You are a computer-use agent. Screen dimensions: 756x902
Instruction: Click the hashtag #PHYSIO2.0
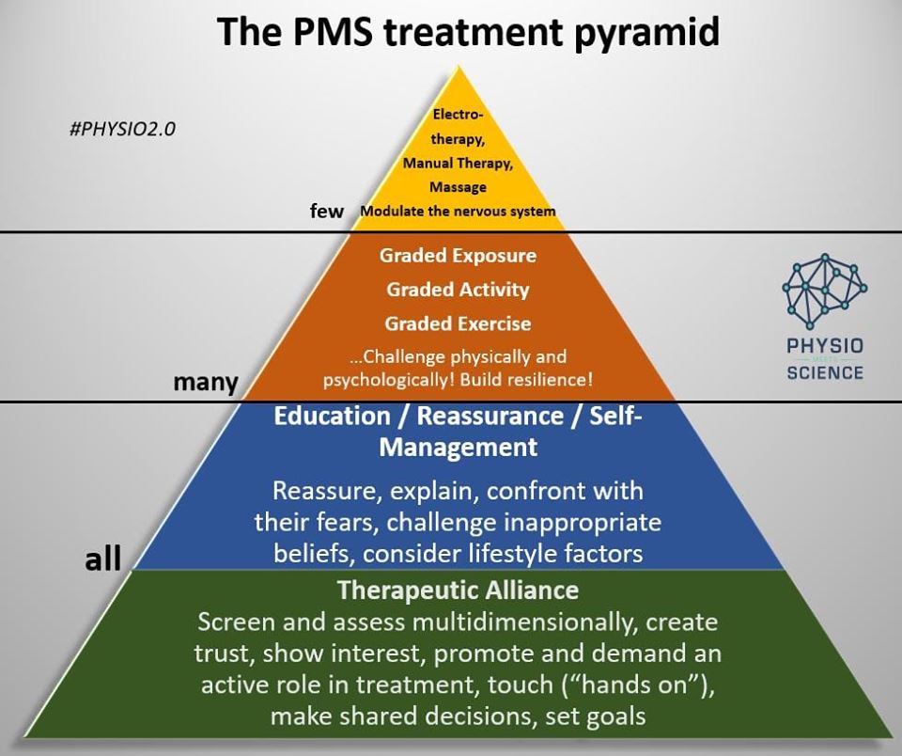coord(123,128)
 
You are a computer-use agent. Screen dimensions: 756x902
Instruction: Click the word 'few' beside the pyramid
coord(327,211)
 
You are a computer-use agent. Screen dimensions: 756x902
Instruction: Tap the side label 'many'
coord(205,382)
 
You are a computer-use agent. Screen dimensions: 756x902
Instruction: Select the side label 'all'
coord(103,559)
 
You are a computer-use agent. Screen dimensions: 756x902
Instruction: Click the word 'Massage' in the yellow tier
coord(458,187)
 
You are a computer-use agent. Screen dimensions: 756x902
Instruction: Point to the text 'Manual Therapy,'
coord(458,163)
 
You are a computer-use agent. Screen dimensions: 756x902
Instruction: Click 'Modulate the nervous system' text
coord(458,212)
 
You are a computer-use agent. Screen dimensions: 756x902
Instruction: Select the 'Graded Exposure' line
coord(458,256)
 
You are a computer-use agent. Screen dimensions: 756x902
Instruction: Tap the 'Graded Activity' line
coord(458,290)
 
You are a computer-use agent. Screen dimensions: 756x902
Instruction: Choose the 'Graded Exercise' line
coord(458,323)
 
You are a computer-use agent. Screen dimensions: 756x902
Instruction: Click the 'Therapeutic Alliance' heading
coord(458,591)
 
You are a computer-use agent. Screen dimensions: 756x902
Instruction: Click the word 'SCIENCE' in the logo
coord(825,371)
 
